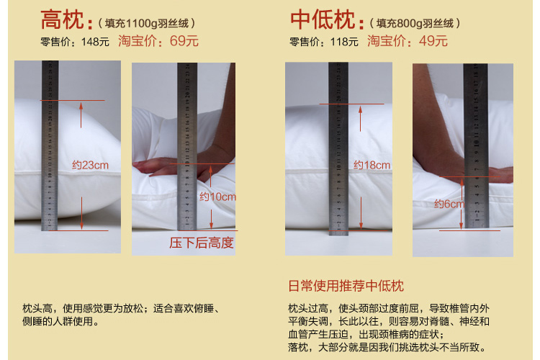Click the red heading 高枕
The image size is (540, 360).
(62, 20)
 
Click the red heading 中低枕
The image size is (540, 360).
(323, 20)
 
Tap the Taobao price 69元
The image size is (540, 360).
(184, 41)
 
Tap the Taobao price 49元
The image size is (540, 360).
(433, 41)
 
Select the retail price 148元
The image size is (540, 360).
(95, 42)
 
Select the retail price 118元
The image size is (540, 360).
(344, 42)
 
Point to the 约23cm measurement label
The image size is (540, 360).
(90, 165)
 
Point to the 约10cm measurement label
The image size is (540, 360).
(217, 197)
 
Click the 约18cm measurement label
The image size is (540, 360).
(372, 165)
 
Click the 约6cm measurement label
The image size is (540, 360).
(449, 204)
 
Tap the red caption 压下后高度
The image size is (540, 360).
(202, 243)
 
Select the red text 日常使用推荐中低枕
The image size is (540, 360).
(346, 286)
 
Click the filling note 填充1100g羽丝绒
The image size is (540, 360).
(147, 24)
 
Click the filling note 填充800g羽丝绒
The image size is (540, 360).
(415, 24)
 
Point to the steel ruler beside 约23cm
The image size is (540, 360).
(50, 145)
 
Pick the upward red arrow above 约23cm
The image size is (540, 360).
(81, 115)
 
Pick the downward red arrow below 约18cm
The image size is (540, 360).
(361, 212)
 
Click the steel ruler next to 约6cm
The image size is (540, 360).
(476, 145)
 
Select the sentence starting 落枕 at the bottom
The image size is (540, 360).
(387, 347)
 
